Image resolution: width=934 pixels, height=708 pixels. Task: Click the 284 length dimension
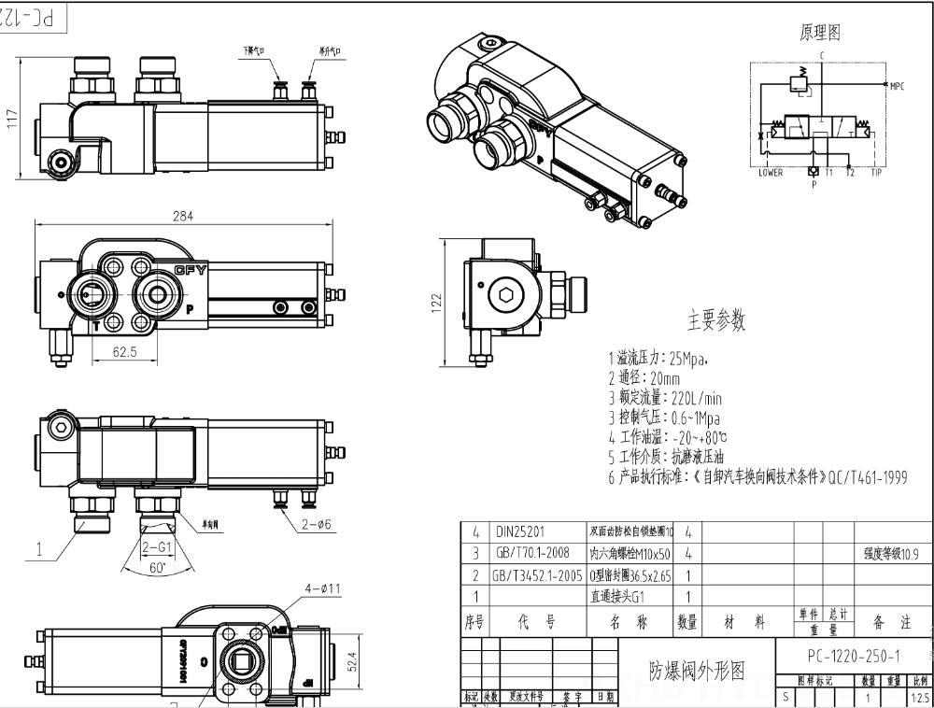click(x=182, y=216)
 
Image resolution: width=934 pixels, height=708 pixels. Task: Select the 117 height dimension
click(x=12, y=118)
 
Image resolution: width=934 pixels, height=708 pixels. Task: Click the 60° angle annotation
click(x=155, y=567)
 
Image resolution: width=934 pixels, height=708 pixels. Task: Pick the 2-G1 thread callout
click(x=155, y=546)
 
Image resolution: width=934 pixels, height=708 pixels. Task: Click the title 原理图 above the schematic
click(x=820, y=33)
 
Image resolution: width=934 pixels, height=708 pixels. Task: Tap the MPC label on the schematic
click(x=897, y=87)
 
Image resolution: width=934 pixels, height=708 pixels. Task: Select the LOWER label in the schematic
click(x=771, y=173)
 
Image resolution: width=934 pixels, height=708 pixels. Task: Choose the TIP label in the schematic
click(x=876, y=173)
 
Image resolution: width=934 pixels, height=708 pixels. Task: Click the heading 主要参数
click(x=716, y=320)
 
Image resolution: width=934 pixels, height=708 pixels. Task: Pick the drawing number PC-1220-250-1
click(x=854, y=655)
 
